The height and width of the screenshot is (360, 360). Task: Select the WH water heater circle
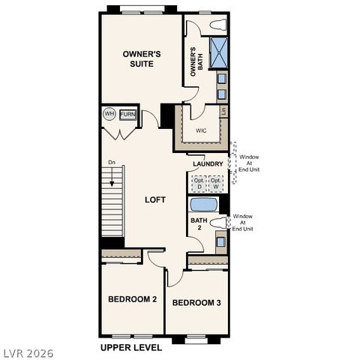[x=109, y=115]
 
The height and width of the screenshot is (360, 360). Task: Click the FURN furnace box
[x=127, y=115]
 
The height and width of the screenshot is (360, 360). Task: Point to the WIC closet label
[x=201, y=130]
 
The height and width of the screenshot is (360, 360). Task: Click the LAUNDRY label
[x=208, y=163]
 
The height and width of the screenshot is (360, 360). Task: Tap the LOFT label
[x=155, y=199]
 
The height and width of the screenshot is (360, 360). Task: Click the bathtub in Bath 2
[x=203, y=204]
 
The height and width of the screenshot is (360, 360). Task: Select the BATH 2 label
[x=198, y=223]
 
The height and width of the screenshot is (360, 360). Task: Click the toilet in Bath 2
[x=218, y=223]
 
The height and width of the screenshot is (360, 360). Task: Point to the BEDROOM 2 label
[x=132, y=299]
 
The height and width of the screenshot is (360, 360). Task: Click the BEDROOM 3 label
[x=196, y=303]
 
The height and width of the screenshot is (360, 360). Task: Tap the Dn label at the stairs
[x=111, y=163]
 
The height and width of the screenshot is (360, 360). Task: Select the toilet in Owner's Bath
[x=218, y=25]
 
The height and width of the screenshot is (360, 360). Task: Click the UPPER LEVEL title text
[x=132, y=349]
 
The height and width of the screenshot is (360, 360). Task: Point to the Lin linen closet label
[x=223, y=112]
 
